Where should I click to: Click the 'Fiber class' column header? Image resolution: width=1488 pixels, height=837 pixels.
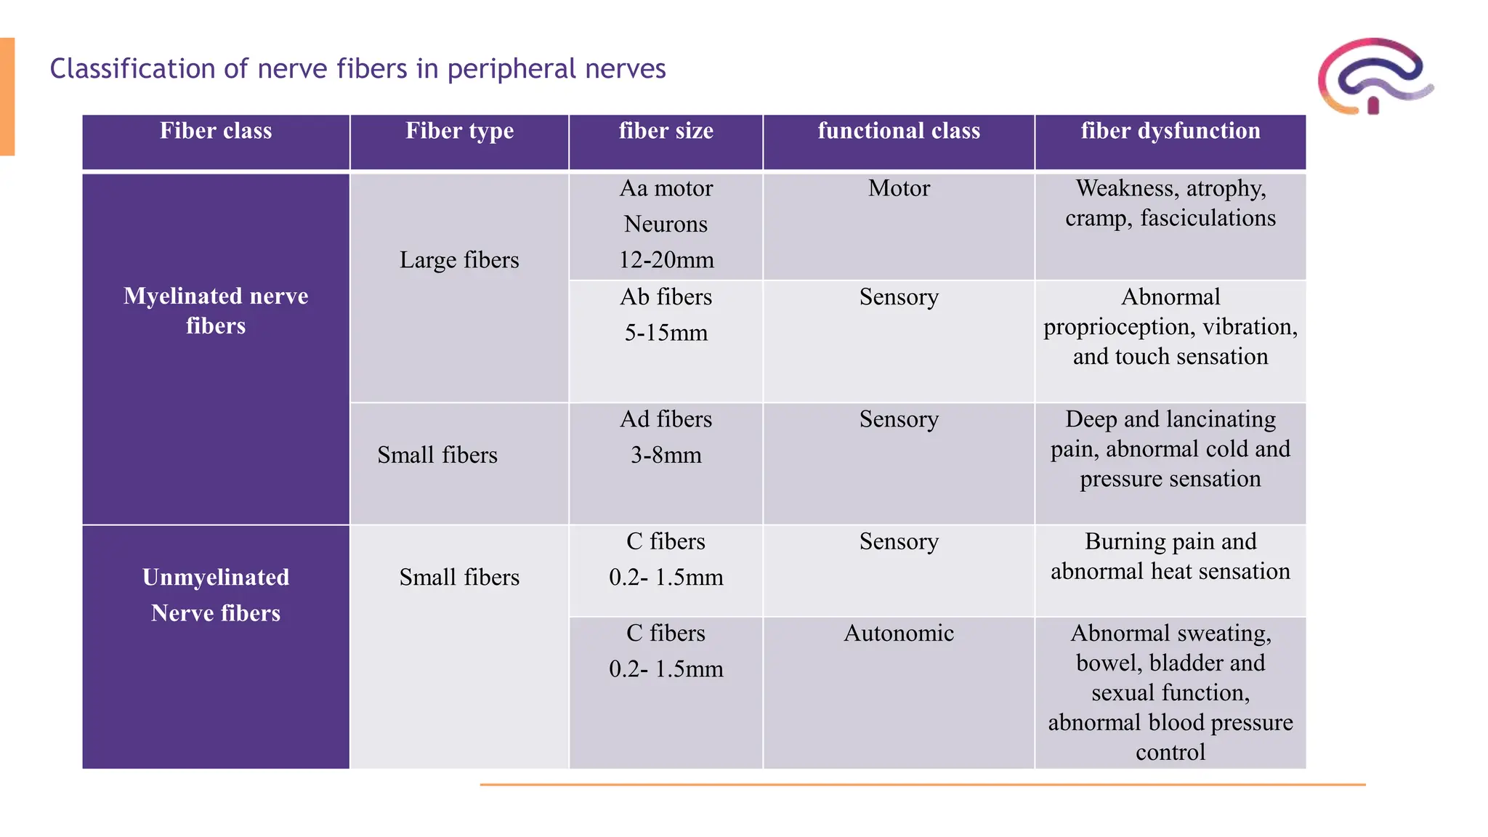click(x=216, y=131)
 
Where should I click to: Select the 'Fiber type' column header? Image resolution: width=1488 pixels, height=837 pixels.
click(x=459, y=131)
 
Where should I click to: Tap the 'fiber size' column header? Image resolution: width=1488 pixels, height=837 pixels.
click(x=666, y=131)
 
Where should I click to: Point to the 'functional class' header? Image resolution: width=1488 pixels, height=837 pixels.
click(x=899, y=131)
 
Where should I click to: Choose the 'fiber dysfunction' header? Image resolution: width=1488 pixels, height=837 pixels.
click(x=1170, y=131)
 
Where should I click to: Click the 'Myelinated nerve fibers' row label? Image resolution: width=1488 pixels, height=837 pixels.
click(x=216, y=311)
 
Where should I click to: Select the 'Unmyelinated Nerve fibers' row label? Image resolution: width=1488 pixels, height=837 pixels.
click(x=216, y=595)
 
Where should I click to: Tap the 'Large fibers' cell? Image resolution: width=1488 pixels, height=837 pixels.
click(x=459, y=260)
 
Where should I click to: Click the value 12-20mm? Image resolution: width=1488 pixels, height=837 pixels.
click(x=666, y=260)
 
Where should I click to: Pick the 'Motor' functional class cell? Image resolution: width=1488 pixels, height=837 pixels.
click(x=899, y=188)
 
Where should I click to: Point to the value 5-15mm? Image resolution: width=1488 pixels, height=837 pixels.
click(x=666, y=333)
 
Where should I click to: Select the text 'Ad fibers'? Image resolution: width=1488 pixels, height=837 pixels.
click(x=666, y=419)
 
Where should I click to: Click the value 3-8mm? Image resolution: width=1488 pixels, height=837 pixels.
click(x=666, y=456)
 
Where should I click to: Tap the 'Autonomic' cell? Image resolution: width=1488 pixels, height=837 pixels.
click(x=899, y=634)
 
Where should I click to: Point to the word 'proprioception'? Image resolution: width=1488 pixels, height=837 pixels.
click(x=1119, y=328)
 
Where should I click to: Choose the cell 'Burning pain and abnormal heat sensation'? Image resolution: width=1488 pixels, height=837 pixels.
click(x=1170, y=557)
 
